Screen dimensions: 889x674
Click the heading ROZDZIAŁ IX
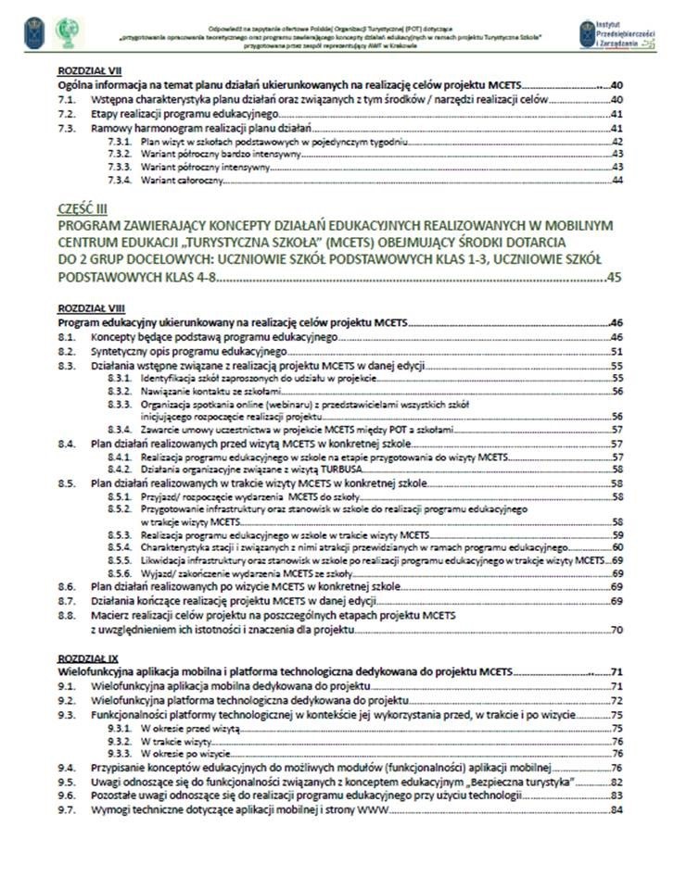point(81,656)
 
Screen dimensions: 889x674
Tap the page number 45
point(614,276)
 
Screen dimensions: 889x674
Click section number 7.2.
point(66,113)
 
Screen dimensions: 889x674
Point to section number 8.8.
point(66,615)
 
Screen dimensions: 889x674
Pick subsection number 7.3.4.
point(119,181)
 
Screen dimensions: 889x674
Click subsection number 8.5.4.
point(119,547)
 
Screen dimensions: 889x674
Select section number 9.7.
point(66,810)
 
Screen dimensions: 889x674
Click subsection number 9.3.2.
point(119,742)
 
